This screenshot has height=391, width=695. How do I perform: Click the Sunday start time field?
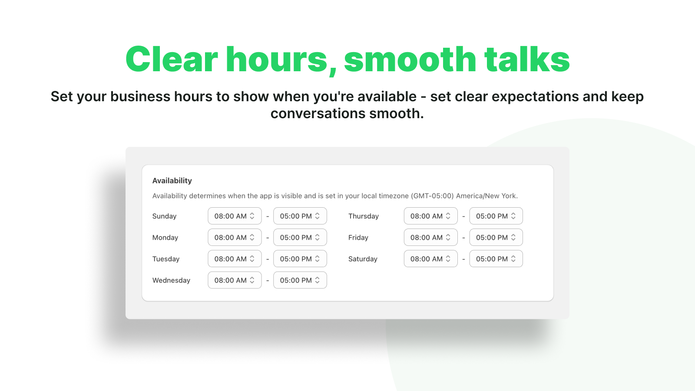pyautogui.click(x=235, y=216)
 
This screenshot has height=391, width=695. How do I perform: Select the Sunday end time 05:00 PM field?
pyautogui.click(x=300, y=216)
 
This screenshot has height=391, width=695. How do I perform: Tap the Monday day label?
pyautogui.click(x=165, y=237)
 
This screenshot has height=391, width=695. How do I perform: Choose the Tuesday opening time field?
pyautogui.click(x=235, y=259)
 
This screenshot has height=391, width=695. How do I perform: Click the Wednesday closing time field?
pyautogui.click(x=300, y=280)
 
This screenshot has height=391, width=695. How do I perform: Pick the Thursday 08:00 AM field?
pyautogui.click(x=430, y=216)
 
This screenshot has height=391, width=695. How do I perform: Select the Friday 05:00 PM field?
pyautogui.click(x=496, y=237)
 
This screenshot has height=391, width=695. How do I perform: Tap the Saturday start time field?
pyautogui.click(x=430, y=259)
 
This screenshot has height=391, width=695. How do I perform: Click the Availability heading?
pyautogui.click(x=172, y=181)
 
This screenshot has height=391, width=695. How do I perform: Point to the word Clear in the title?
pyautogui.click(x=172, y=59)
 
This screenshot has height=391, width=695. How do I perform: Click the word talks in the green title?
pyautogui.click(x=527, y=59)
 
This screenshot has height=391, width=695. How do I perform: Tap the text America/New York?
pyautogui.click(x=487, y=196)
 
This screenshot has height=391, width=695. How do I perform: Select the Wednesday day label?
pyautogui.click(x=171, y=280)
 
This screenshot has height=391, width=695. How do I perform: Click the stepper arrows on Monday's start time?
pyautogui.click(x=252, y=237)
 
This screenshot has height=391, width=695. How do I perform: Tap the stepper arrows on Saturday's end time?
pyautogui.click(x=513, y=259)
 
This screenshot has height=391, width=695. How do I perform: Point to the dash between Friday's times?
pyautogui.click(x=463, y=238)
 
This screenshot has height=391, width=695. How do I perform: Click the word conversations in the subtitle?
pyautogui.click(x=318, y=113)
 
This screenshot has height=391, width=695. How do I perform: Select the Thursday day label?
pyautogui.click(x=364, y=216)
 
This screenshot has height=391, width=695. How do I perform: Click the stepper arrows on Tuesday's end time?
pyautogui.click(x=317, y=259)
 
